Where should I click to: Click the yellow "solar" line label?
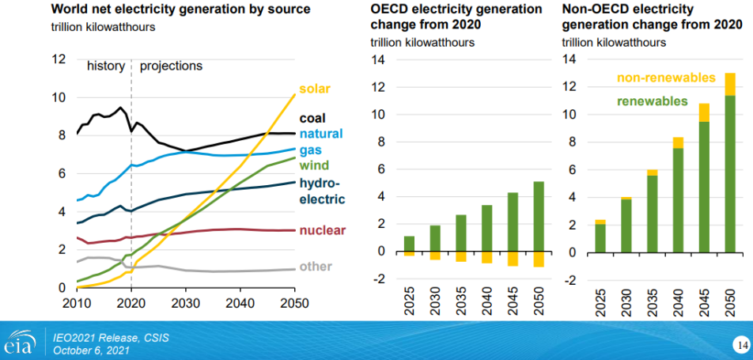[315, 89]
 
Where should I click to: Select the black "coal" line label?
[312, 119]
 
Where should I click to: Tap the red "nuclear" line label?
[323, 230]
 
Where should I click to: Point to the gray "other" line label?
[316, 267]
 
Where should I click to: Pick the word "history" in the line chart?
[105, 66]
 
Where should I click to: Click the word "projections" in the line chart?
[171, 66]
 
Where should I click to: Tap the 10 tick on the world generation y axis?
[58, 97]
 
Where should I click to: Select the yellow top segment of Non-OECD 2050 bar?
[729, 84]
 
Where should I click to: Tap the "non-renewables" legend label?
[665, 78]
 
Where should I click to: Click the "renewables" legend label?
[653, 101]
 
